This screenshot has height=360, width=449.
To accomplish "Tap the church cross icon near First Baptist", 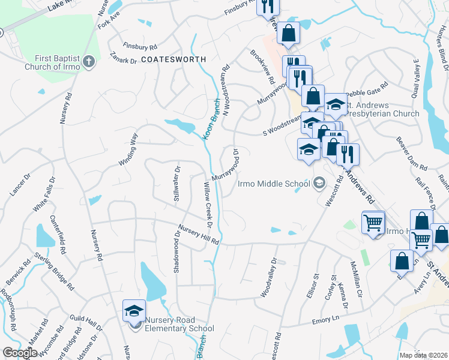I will coord(88,61).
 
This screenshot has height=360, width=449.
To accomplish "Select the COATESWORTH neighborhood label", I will coord(173,60).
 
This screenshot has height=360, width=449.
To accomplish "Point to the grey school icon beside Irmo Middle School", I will coord(320,182).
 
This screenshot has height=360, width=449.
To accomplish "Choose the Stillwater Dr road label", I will coord(177,187).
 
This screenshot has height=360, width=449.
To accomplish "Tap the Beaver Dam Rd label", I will coord(411,154).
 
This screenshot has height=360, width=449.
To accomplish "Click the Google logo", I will coord(20,353).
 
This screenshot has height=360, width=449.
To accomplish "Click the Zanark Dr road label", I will coord(124,60).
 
